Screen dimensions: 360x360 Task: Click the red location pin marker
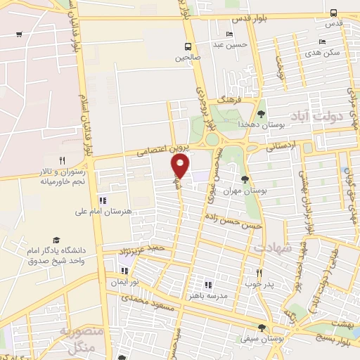tap(181, 166)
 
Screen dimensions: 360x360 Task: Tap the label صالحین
tap(188, 59)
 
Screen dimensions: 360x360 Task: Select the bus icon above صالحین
tap(179, 48)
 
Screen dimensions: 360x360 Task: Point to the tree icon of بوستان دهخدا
tap(261, 113)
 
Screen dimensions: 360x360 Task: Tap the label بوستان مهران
tap(238, 191)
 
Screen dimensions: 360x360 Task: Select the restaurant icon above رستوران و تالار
tap(62, 160)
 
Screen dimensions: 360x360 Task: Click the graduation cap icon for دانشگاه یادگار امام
tap(56, 240)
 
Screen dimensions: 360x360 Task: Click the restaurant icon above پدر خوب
tap(259, 274)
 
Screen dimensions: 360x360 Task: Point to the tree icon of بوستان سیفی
tap(262, 328)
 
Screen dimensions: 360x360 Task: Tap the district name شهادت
tap(269, 248)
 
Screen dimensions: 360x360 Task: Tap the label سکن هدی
tap(328, 52)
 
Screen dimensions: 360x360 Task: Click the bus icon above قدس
tap(333, 12)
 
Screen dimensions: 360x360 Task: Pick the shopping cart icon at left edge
tap(19, 34)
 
